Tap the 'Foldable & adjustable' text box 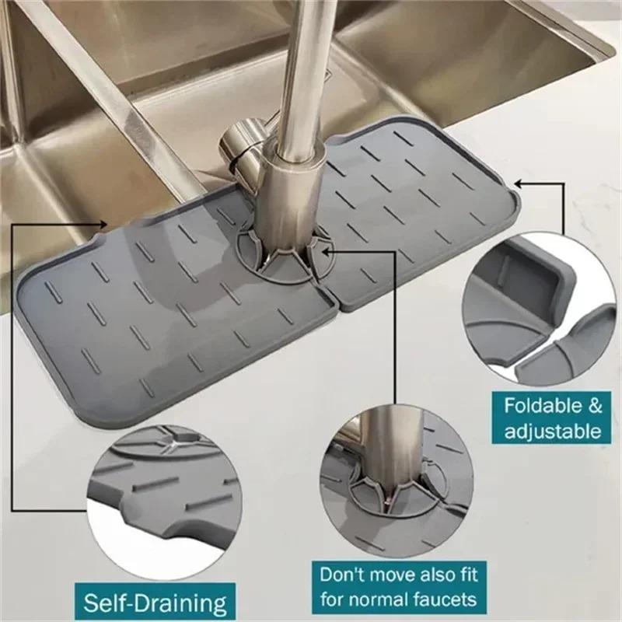[x=552, y=418]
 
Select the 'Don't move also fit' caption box [x=398, y=586]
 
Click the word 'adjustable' [x=552, y=431]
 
